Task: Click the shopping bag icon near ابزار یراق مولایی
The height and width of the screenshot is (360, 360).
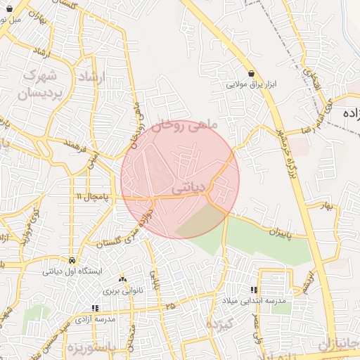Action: [252, 73]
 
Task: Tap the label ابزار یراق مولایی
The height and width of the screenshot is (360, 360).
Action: [252, 84]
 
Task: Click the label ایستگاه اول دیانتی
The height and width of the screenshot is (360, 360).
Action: [72, 271]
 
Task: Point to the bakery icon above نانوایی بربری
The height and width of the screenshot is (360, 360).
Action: [123, 279]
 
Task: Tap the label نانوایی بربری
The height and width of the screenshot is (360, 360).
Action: [123, 290]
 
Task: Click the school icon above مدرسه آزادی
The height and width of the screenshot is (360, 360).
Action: [95, 308]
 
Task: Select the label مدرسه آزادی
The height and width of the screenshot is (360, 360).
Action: [95, 319]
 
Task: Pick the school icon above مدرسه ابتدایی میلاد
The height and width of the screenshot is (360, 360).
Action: [254, 290]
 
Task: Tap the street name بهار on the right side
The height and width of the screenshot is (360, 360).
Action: [324, 206]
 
